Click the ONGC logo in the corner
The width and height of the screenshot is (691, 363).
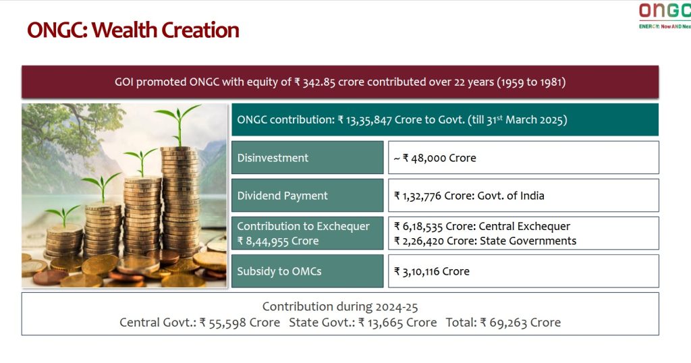665,16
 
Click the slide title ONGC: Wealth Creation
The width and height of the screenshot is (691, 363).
133,30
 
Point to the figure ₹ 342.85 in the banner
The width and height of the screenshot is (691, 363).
315,82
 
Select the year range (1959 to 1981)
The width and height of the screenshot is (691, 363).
532,82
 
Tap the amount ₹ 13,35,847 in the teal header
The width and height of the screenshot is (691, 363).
365,120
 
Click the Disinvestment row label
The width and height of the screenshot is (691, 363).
273,158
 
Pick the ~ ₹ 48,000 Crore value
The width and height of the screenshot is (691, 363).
435,158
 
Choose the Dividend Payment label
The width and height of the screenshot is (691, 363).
283,196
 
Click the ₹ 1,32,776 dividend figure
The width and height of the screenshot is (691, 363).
418,196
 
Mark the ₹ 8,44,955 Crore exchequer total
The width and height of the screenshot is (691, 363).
277,241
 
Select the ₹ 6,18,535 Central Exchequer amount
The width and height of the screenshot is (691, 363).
418,227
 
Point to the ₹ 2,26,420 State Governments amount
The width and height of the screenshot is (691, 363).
419,241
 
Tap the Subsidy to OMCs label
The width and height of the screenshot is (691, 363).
279,271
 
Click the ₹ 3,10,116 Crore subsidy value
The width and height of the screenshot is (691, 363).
432,272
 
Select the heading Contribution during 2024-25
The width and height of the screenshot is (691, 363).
340,306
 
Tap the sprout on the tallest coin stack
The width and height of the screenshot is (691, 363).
178,125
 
